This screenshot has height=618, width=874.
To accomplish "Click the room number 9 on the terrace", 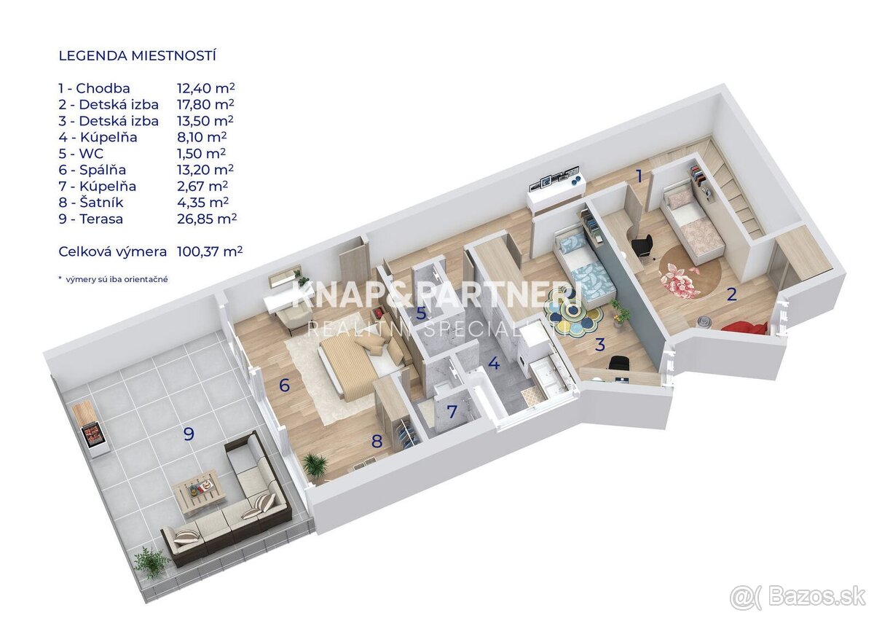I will coord(189,434).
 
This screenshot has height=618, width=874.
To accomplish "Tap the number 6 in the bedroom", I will coord(284,385).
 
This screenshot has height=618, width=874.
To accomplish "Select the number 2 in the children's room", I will coord(731,295).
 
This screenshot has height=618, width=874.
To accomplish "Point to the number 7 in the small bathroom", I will coord(452,412).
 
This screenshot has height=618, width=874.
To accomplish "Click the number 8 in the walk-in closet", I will coord(377,441).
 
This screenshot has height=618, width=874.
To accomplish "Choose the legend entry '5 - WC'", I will coord(81,153).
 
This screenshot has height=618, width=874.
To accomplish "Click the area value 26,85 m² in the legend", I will coord(207,218).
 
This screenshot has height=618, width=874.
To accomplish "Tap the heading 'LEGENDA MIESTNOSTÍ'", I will coord(138,55).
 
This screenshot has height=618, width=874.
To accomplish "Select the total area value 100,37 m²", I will coord(210,251).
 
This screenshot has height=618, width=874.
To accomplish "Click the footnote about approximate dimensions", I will coord(113,279).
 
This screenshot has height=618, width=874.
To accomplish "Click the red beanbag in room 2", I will coord(744,327).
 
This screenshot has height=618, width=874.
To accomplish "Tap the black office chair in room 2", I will coord(642,246).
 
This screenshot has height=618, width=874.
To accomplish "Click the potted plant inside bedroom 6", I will coord(315,465).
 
